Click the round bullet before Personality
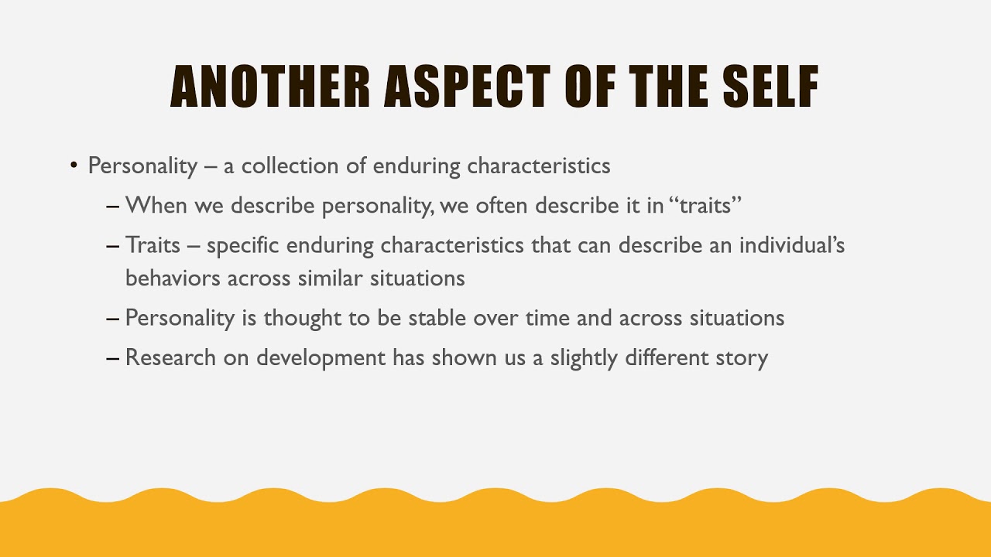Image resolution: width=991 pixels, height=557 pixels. tap(74, 166)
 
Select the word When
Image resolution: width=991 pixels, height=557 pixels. tap(156, 206)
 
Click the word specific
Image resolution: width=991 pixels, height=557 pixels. tap(243, 246)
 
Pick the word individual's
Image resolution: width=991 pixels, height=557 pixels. tap(792, 246)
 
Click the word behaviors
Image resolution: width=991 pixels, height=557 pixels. tap(173, 278)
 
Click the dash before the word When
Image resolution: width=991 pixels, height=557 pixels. tap(113, 207)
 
